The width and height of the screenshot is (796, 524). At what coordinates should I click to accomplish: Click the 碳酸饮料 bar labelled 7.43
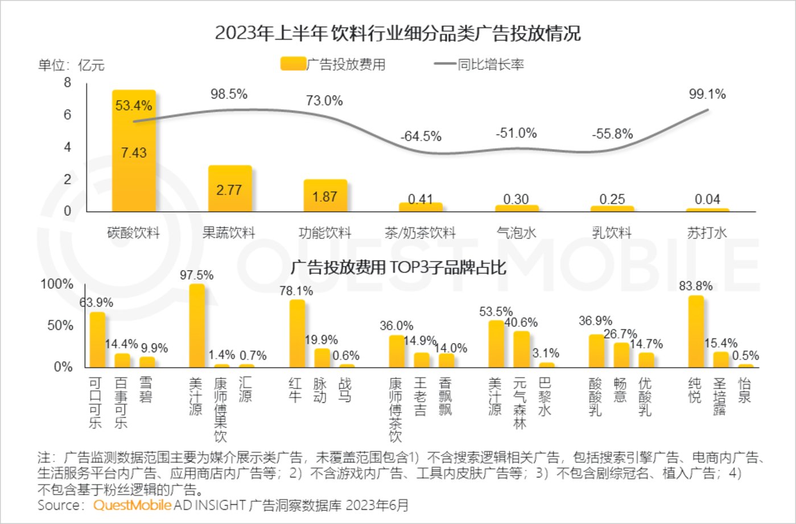click(x=134, y=151)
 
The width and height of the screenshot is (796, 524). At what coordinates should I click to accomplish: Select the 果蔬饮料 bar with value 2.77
click(x=229, y=189)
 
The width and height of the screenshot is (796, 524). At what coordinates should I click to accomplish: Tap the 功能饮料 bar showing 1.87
click(x=325, y=196)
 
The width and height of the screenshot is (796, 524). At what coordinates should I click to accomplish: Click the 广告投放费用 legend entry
click(x=333, y=64)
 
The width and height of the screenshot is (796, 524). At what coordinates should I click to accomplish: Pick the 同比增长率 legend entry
click(x=479, y=64)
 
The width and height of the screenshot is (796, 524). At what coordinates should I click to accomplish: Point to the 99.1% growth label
click(x=707, y=94)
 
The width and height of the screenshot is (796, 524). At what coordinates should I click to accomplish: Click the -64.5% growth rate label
click(x=420, y=137)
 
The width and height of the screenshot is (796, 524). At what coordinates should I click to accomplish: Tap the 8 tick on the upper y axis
click(x=68, y=83)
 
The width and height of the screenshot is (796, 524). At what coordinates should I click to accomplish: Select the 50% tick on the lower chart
click(x=60, y=325)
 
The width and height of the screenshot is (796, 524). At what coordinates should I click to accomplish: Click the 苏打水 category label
click(x=707, y=233)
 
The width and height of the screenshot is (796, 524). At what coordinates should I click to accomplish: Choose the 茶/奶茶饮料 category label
click(x=420, y=233)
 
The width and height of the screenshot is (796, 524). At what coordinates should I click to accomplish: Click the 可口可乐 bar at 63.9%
click(x=97, y=340)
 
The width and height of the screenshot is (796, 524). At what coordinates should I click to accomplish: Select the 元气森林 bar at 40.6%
click(x=521, y=349)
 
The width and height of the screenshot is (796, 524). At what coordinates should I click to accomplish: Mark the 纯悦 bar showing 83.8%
click(x=695, y=331)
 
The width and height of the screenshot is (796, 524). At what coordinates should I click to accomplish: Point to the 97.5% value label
click(x=197, y=275)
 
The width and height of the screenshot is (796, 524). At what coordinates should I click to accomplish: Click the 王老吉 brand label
click(x=420, y=397)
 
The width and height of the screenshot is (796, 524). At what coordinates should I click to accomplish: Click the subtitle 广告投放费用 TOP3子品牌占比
click(x=398, y=267)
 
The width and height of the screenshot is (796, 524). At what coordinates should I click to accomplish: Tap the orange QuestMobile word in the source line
click(x=132, y=505)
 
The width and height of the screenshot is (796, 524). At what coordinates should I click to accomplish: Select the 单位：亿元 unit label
click(x=71, y=65)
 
